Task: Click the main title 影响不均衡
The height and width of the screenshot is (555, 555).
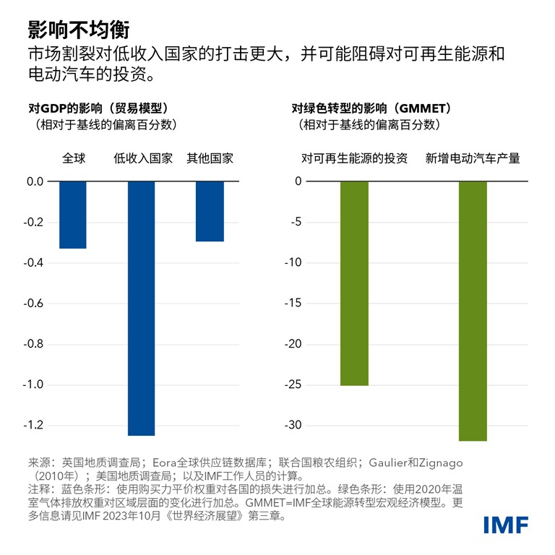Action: [79, 30]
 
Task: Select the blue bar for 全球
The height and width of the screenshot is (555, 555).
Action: [73, 215]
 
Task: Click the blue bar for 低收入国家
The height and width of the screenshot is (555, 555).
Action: [142, 308]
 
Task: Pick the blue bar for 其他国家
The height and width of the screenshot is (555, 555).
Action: [210, 211]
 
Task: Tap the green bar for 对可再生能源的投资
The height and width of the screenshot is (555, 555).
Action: [354, 283]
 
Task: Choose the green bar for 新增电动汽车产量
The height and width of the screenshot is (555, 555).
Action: [473, 311]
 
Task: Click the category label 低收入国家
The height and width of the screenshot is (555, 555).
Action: [143, 158]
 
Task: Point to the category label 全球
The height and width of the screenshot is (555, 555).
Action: [73, 158]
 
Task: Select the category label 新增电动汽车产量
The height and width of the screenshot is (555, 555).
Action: [473, 158]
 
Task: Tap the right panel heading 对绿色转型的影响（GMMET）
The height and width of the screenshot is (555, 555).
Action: [371, 108]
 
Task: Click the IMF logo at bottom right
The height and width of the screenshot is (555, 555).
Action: [506, 525]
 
